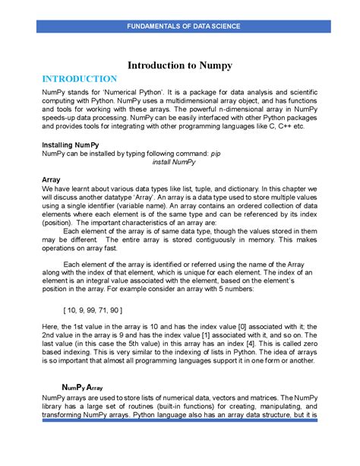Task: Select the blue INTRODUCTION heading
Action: tap(80, 78)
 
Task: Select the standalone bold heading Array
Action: tap(53, 180)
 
